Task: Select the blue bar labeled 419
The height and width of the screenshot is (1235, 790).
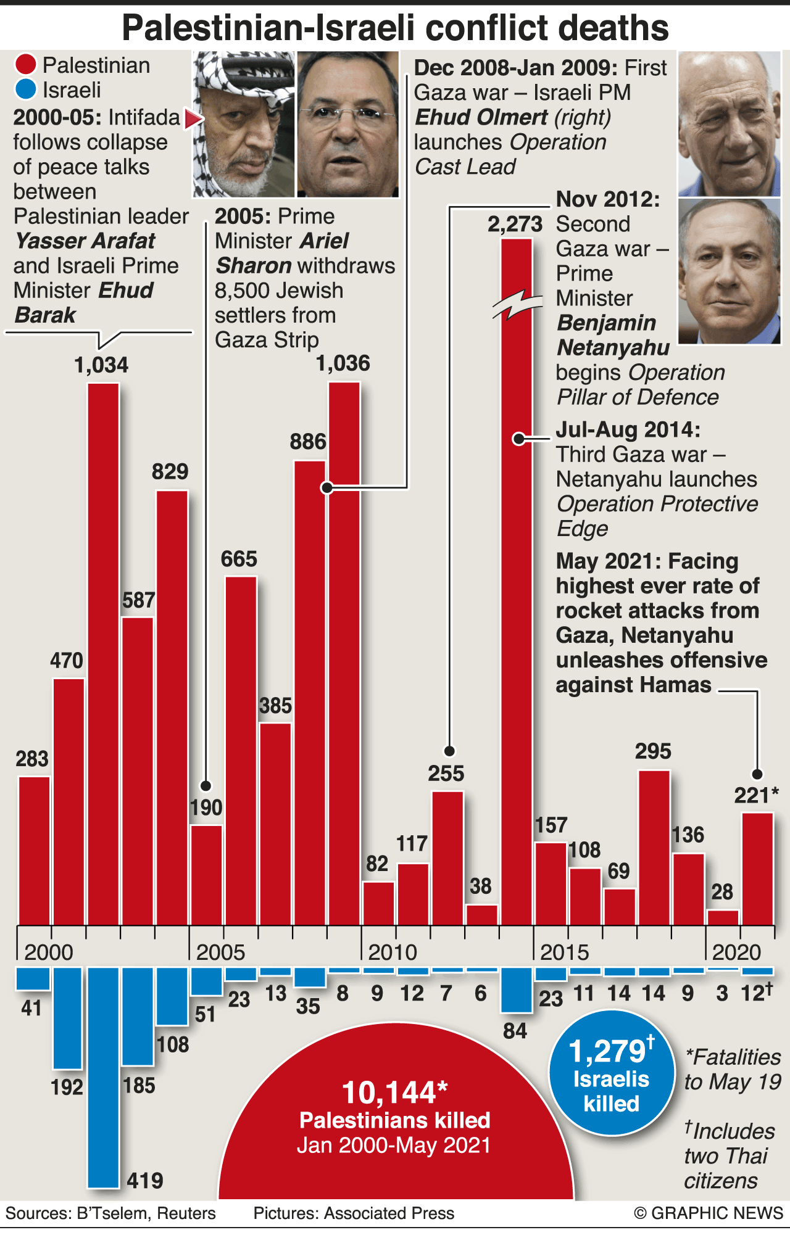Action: tap(103, 1076)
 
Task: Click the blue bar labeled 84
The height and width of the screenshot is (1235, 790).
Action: tap(517, 989)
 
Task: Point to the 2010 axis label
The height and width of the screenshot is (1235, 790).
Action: tap(393, 952)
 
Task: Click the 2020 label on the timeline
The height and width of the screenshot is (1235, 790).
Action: tap(736, 952)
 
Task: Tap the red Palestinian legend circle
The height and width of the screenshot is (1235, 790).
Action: tap(26, 65)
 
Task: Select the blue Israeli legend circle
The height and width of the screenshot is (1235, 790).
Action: tap(26, 89)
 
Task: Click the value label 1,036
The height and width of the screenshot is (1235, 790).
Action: tap(343, 363)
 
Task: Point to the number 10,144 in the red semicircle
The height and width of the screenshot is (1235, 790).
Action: tap(389, 1092)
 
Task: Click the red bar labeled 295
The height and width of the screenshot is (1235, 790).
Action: tap(654, 848)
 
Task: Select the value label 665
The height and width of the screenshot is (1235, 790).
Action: tap(239, 559)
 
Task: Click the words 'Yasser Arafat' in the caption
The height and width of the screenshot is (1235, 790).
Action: tap(85, 241)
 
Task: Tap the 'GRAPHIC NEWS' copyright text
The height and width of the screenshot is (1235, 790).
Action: tap(716, 1213)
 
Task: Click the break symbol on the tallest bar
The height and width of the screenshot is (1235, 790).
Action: tap(517, 304)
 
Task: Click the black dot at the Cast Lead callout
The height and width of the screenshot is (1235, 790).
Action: tap(327, 487)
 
